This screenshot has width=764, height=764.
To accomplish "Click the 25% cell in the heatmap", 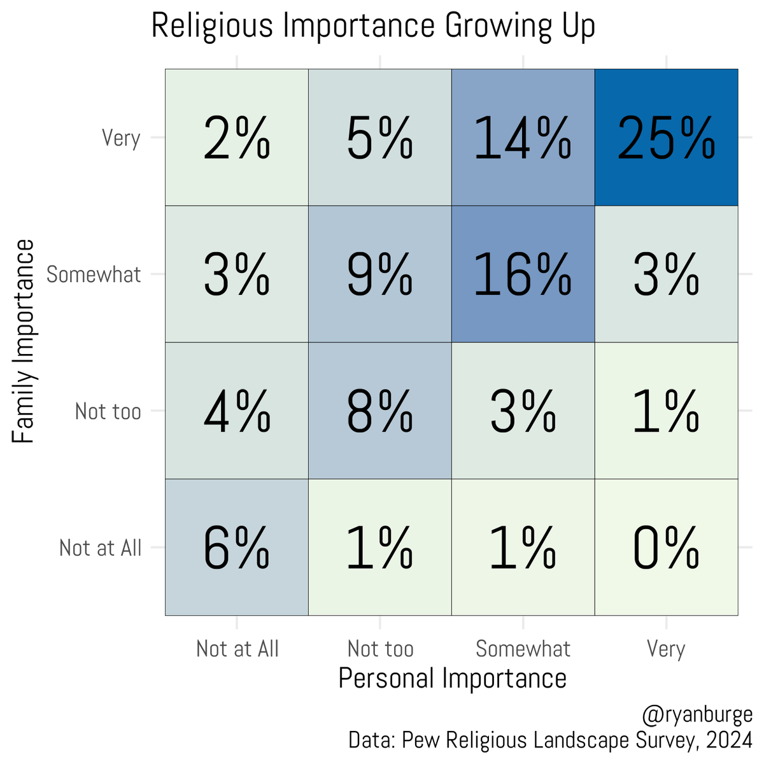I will click(x=666, y=138).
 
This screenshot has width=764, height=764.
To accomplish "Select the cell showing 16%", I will click(x=523, y=274).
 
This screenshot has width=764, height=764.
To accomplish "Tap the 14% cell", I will click(x=523, y=138).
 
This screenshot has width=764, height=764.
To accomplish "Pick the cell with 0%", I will click(x=666, y=548).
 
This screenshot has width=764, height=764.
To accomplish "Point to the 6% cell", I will click(x=237, y=548).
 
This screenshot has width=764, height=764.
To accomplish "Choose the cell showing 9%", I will click(x=380, y=274).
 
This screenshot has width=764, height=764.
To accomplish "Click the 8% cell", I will click(x=380, y=411).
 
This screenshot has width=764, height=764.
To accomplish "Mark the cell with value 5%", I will click(x=380, y=138).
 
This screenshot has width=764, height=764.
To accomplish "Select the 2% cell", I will click(x=237, y=138).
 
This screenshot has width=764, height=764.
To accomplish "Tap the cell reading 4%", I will click(x=237, y=411).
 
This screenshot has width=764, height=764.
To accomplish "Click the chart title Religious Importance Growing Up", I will click(x=373, y=27).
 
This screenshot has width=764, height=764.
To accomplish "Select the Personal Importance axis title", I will click(x=452, y=678).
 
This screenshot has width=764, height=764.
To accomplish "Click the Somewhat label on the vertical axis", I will click(x=94, y=274).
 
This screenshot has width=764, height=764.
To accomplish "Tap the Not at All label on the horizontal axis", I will click(x=237, y=649).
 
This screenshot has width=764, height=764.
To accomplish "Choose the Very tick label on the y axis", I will click(x=121, y=138).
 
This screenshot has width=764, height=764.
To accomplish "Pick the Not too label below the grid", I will click(x=380, y=649).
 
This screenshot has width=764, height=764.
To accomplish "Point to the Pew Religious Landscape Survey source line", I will click(x=550, y=740).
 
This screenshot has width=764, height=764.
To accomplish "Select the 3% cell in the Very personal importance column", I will click(x=666, y=274).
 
